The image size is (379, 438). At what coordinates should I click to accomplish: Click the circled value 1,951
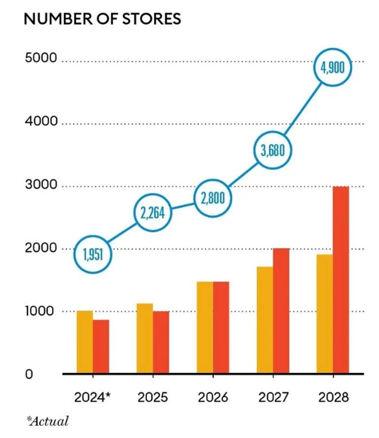(x=93, y=255)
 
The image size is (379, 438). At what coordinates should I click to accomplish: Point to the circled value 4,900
(x=334, y=68)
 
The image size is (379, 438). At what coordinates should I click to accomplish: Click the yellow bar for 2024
(x=85, y=342)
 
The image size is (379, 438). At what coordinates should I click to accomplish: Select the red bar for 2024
(x=101, y=347)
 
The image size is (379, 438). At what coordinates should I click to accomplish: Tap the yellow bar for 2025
(x=144, y=338)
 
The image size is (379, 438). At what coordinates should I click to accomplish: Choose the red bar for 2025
(x=161, y=342)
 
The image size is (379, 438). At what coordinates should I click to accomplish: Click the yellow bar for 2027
(x=265, y=320)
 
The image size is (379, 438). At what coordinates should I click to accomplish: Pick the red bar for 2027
(x=281, y=311)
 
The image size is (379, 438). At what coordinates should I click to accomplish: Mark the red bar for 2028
(x=341, y=280)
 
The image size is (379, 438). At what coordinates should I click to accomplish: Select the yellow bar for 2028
(x=325, y=314)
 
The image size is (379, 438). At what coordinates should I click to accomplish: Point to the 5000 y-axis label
(x=40, y=59)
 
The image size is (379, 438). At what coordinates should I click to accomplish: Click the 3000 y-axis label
(x=40, y=185)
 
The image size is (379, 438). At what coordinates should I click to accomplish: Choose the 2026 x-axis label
(x=213, y=397)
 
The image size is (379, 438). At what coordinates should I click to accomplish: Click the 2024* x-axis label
(x=92, y=397)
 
